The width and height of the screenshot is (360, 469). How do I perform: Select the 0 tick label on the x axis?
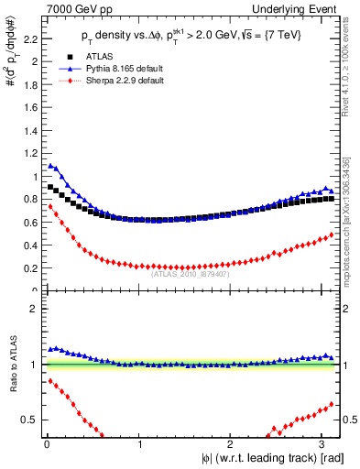click(x=47, y=445)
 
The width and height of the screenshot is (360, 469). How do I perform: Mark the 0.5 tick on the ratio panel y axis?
click(x=30, y=420)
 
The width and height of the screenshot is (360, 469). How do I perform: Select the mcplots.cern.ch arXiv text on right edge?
click(x=351, y=202)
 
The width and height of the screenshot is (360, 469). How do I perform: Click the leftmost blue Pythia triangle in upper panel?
click(x=50, y=166)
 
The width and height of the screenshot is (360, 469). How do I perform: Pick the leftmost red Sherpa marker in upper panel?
click(x=50, y=207)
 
